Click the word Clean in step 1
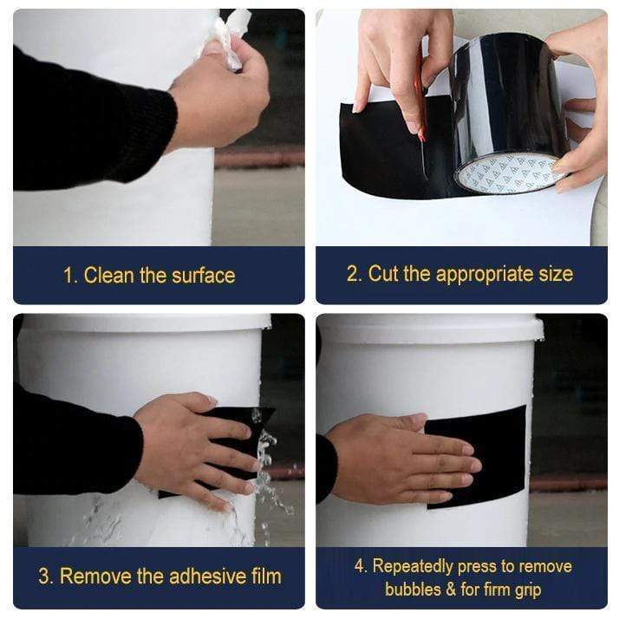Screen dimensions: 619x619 [x=108, y=275]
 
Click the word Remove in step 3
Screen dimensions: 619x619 [x=95, y=576]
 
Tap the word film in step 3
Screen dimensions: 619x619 [x=266, y=576]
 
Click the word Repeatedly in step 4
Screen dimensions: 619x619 [x=413, y=567]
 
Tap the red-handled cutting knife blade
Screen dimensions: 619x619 [x=422, y=119]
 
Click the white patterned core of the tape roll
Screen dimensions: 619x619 [x=509, y=173]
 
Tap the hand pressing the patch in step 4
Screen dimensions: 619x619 [x=402, y=458]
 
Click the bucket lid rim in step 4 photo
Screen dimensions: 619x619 [x=430, y=327]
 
